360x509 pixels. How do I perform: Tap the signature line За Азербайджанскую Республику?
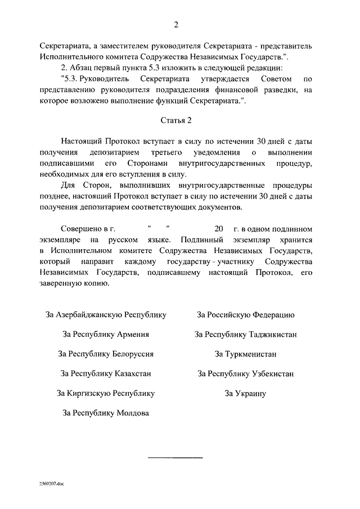coord(106,315)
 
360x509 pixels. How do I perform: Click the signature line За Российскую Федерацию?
coord(246,315)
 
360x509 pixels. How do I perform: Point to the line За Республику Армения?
coord(106,334)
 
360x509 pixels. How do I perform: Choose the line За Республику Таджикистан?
coord(246,334)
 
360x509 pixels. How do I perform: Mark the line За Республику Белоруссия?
coord(106,354)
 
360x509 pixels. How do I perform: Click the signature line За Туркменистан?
coord(246,354)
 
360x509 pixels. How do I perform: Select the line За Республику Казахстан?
coord(106,373)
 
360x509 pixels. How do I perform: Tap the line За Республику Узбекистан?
coord(246,373)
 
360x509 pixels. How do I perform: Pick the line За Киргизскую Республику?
coord(106,393)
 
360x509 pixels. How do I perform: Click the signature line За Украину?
coord(246,393)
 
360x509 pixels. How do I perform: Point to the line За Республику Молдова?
coord(106,413)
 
